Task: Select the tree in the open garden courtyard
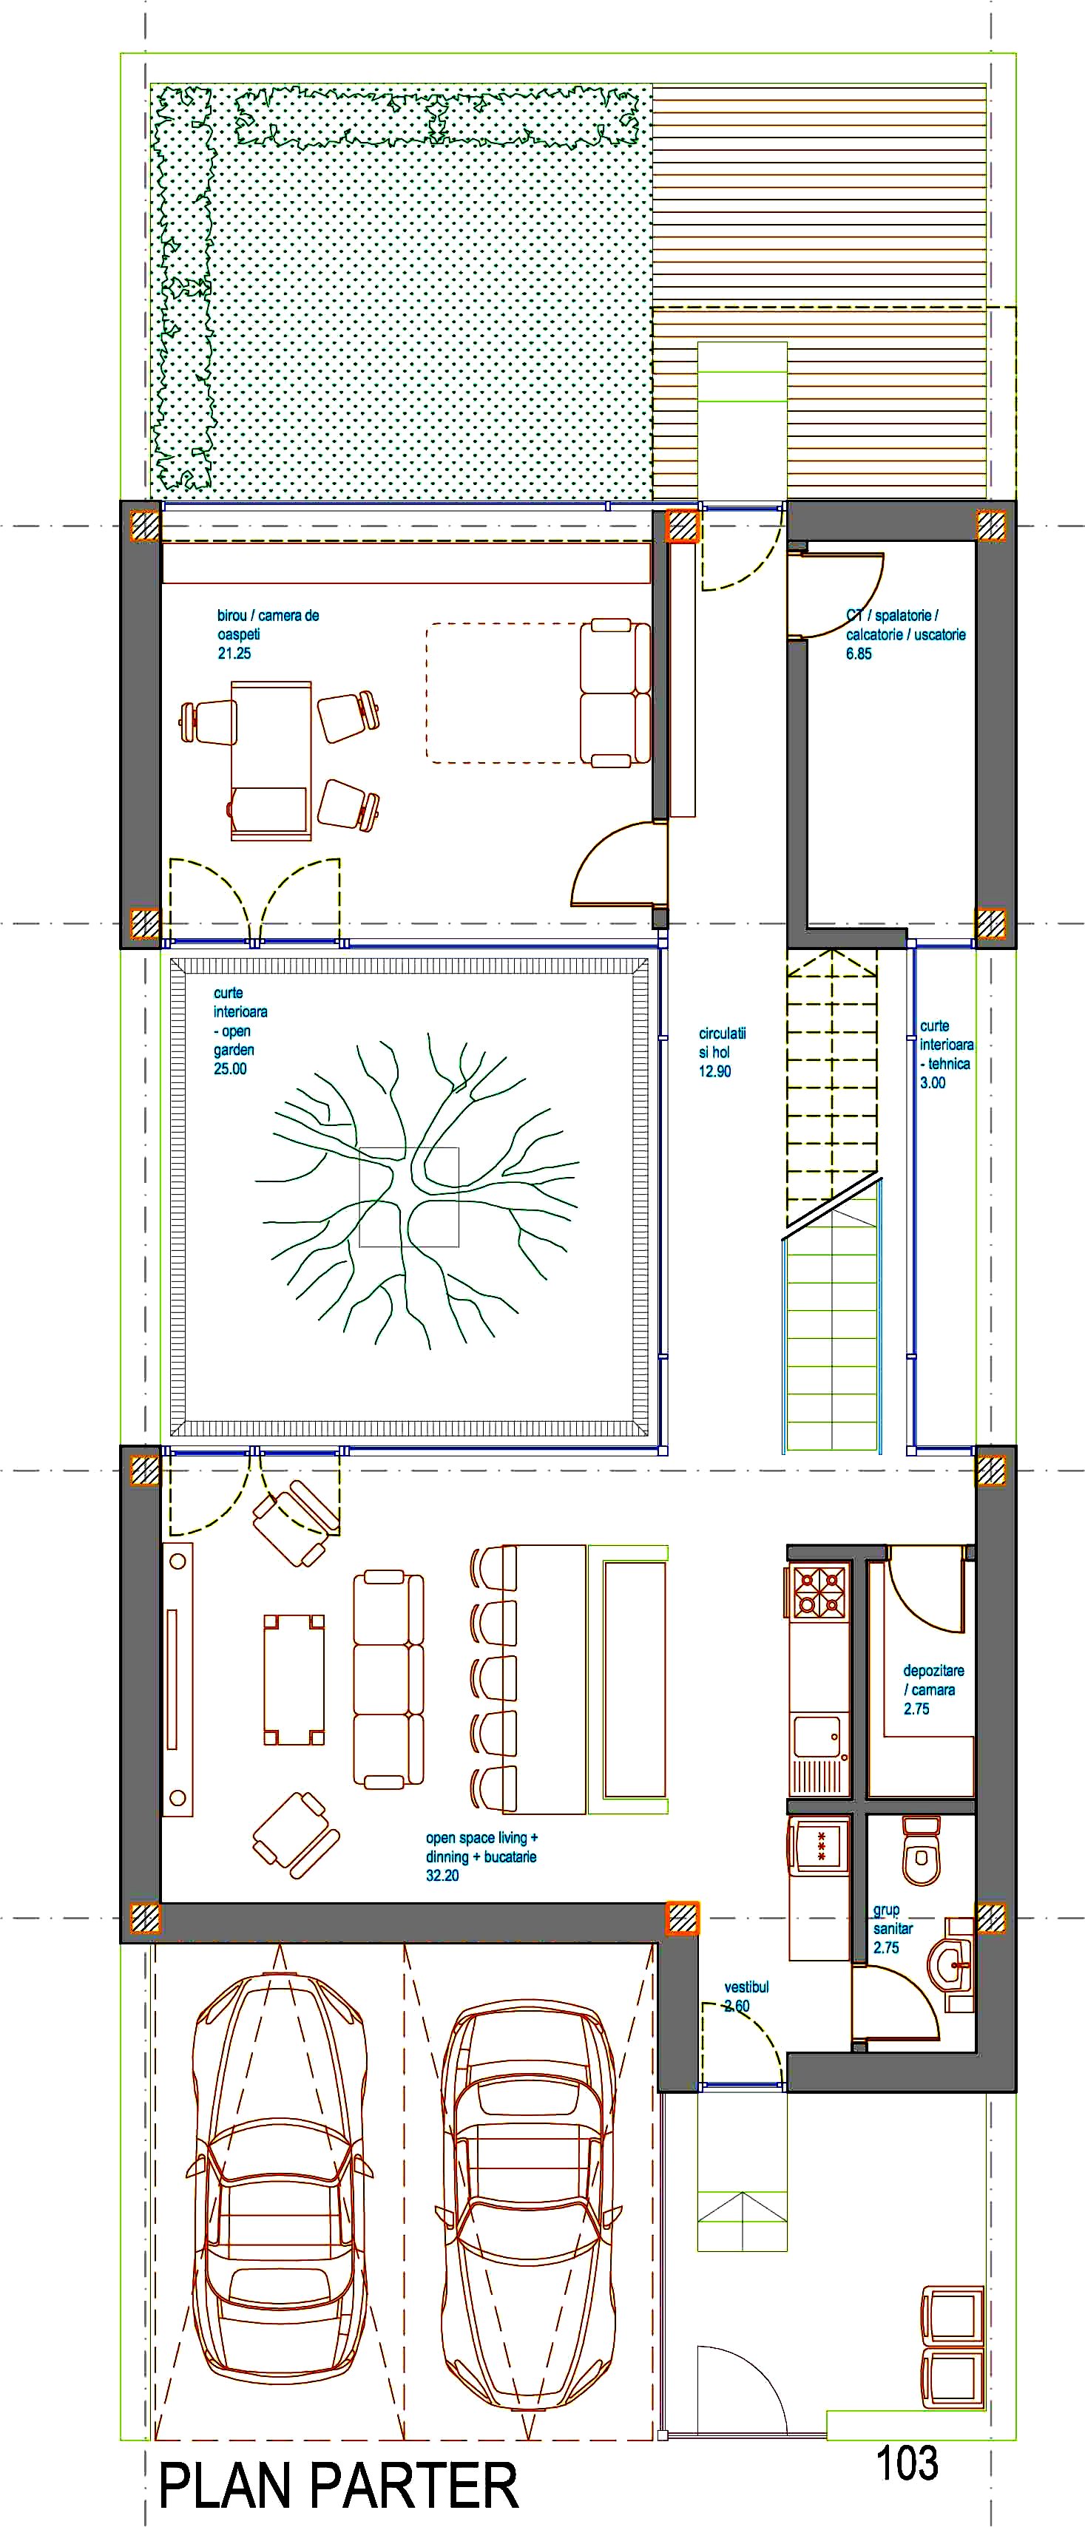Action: pyautogui.click(x=416, y=1191)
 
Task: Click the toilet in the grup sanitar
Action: pyautogui.click(x=921, y=1850)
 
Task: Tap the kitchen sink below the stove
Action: pyautogui.click(x=818, y=1737)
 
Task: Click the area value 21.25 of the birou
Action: pyautogui.click(x=234, y=654)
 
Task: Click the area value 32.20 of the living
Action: pyautogui.click(x=442, y=1875)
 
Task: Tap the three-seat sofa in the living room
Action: pyautogui.click(x=388, y=1678)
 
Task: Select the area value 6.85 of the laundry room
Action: pyautogui.click(x=859, y=654)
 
